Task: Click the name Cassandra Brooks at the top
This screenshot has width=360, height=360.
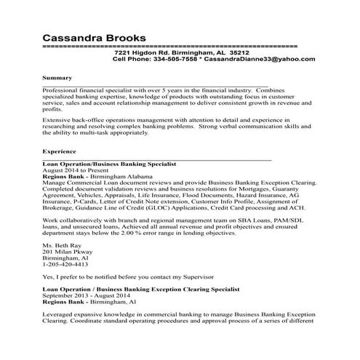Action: tap(94, 36)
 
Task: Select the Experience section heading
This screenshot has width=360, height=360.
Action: tap(60, 152)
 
